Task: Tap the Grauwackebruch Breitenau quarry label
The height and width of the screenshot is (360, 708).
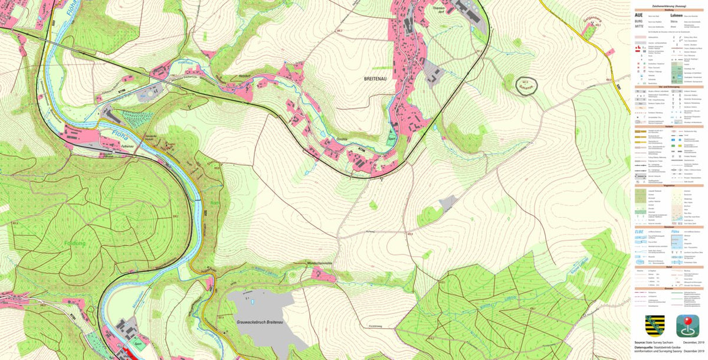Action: (258, 322)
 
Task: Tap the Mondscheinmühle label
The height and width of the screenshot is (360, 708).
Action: (322, 263)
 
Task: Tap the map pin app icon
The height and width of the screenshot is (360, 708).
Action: (687, 326)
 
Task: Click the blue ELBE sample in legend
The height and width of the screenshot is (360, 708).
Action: (639, 232)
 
